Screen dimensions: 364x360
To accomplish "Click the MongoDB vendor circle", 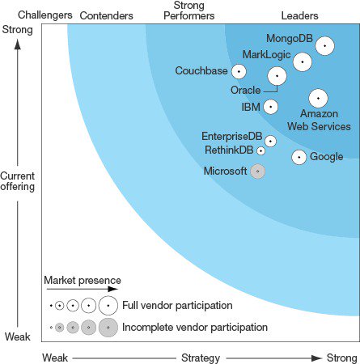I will point(324,46).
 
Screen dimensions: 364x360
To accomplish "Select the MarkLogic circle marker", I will point(302,61).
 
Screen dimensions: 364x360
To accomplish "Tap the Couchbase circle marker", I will point(239,72).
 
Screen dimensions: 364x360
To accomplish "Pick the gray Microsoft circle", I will point(257,171).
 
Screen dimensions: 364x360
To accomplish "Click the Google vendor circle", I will point(299,157).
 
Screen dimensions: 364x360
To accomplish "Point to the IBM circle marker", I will point(270,106).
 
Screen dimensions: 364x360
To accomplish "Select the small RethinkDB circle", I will point(260,150).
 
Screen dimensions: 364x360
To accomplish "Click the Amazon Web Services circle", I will point(318,98).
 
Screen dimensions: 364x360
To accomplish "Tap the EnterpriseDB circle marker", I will point(270,141).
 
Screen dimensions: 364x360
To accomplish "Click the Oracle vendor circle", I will point(277,76).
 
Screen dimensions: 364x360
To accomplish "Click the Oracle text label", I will point(245,90).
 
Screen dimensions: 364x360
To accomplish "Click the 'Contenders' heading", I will point(107,15).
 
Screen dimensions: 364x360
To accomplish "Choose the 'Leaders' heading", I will point(299,15).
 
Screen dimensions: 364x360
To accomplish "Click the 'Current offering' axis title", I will point(17,181).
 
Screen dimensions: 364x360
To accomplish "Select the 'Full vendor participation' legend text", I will point(177,306).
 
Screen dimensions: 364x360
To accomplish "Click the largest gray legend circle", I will point(108,328).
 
